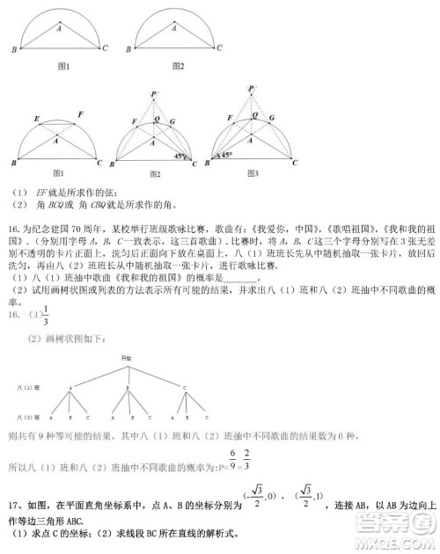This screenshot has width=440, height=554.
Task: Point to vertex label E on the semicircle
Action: coord(36,119)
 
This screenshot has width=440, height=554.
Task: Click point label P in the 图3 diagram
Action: coord(253,88)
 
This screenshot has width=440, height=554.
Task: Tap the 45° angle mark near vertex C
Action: coord(180,157)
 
